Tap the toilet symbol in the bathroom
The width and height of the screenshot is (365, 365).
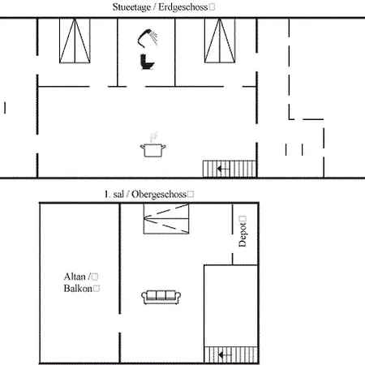[x=147, y=62]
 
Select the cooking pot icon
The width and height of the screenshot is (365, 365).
[x=152, y=150]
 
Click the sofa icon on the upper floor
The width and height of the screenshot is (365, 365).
[x=161, y=297]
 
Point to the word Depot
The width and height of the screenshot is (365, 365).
[x=243, y=234]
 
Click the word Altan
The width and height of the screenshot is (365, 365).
[x=75, y=277]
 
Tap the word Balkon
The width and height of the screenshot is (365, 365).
[x=78, y=289]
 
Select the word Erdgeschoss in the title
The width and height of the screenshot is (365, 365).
[x=183, y=7]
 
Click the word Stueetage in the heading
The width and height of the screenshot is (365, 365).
[x=131, y=7]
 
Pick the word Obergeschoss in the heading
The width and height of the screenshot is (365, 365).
[x=159, y=195]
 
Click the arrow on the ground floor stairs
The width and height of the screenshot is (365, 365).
[x=223, y=169]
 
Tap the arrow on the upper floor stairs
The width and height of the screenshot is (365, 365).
[x=225, y=354]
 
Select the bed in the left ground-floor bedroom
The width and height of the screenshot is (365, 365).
[x=75, y=41]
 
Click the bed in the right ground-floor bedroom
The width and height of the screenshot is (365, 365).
[x=220, y=41]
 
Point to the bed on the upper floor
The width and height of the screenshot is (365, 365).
[x=166, y=218]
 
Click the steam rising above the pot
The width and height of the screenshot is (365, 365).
[x=153, y=137]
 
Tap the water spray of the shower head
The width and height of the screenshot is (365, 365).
[x=154, y=36]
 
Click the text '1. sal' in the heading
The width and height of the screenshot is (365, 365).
[x=114, y=194]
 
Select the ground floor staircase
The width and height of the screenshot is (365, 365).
[x=230, y=169]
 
